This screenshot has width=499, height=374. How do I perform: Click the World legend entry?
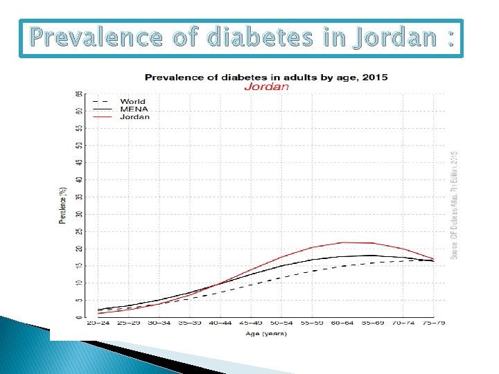click(132, 102)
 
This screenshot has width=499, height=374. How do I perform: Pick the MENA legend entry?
click(132, 109)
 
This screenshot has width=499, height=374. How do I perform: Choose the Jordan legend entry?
click(134, 117)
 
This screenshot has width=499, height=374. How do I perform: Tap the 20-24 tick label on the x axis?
click(98, 323)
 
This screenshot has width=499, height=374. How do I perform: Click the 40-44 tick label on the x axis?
click(220, 323)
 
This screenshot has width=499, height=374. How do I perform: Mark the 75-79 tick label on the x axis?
click(434, 323)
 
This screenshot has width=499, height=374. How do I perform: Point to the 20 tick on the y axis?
click(80, 249)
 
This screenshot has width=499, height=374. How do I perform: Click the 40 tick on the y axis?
click(80, 179)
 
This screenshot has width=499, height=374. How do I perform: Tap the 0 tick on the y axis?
click(80, 317)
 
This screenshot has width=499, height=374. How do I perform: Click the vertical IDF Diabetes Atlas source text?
click(455, 206)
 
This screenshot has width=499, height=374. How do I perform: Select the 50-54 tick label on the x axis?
click(281, 323)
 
